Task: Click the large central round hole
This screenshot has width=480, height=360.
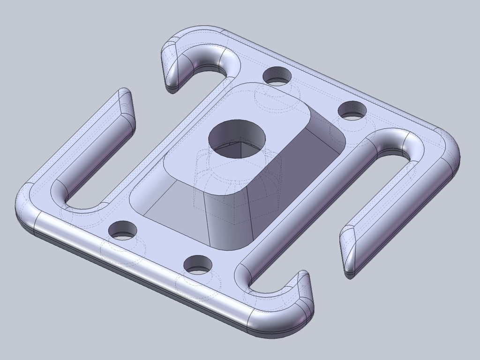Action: tap(237, 138)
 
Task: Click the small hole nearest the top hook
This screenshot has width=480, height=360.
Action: tap(277, 75)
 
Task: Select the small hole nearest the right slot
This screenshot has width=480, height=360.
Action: tap(352, 111)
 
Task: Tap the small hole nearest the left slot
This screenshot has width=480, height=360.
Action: tap(122, 230)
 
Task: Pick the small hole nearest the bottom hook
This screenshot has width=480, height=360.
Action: tap(197, 265)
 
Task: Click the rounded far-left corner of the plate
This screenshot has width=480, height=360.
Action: tap(26, 206)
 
